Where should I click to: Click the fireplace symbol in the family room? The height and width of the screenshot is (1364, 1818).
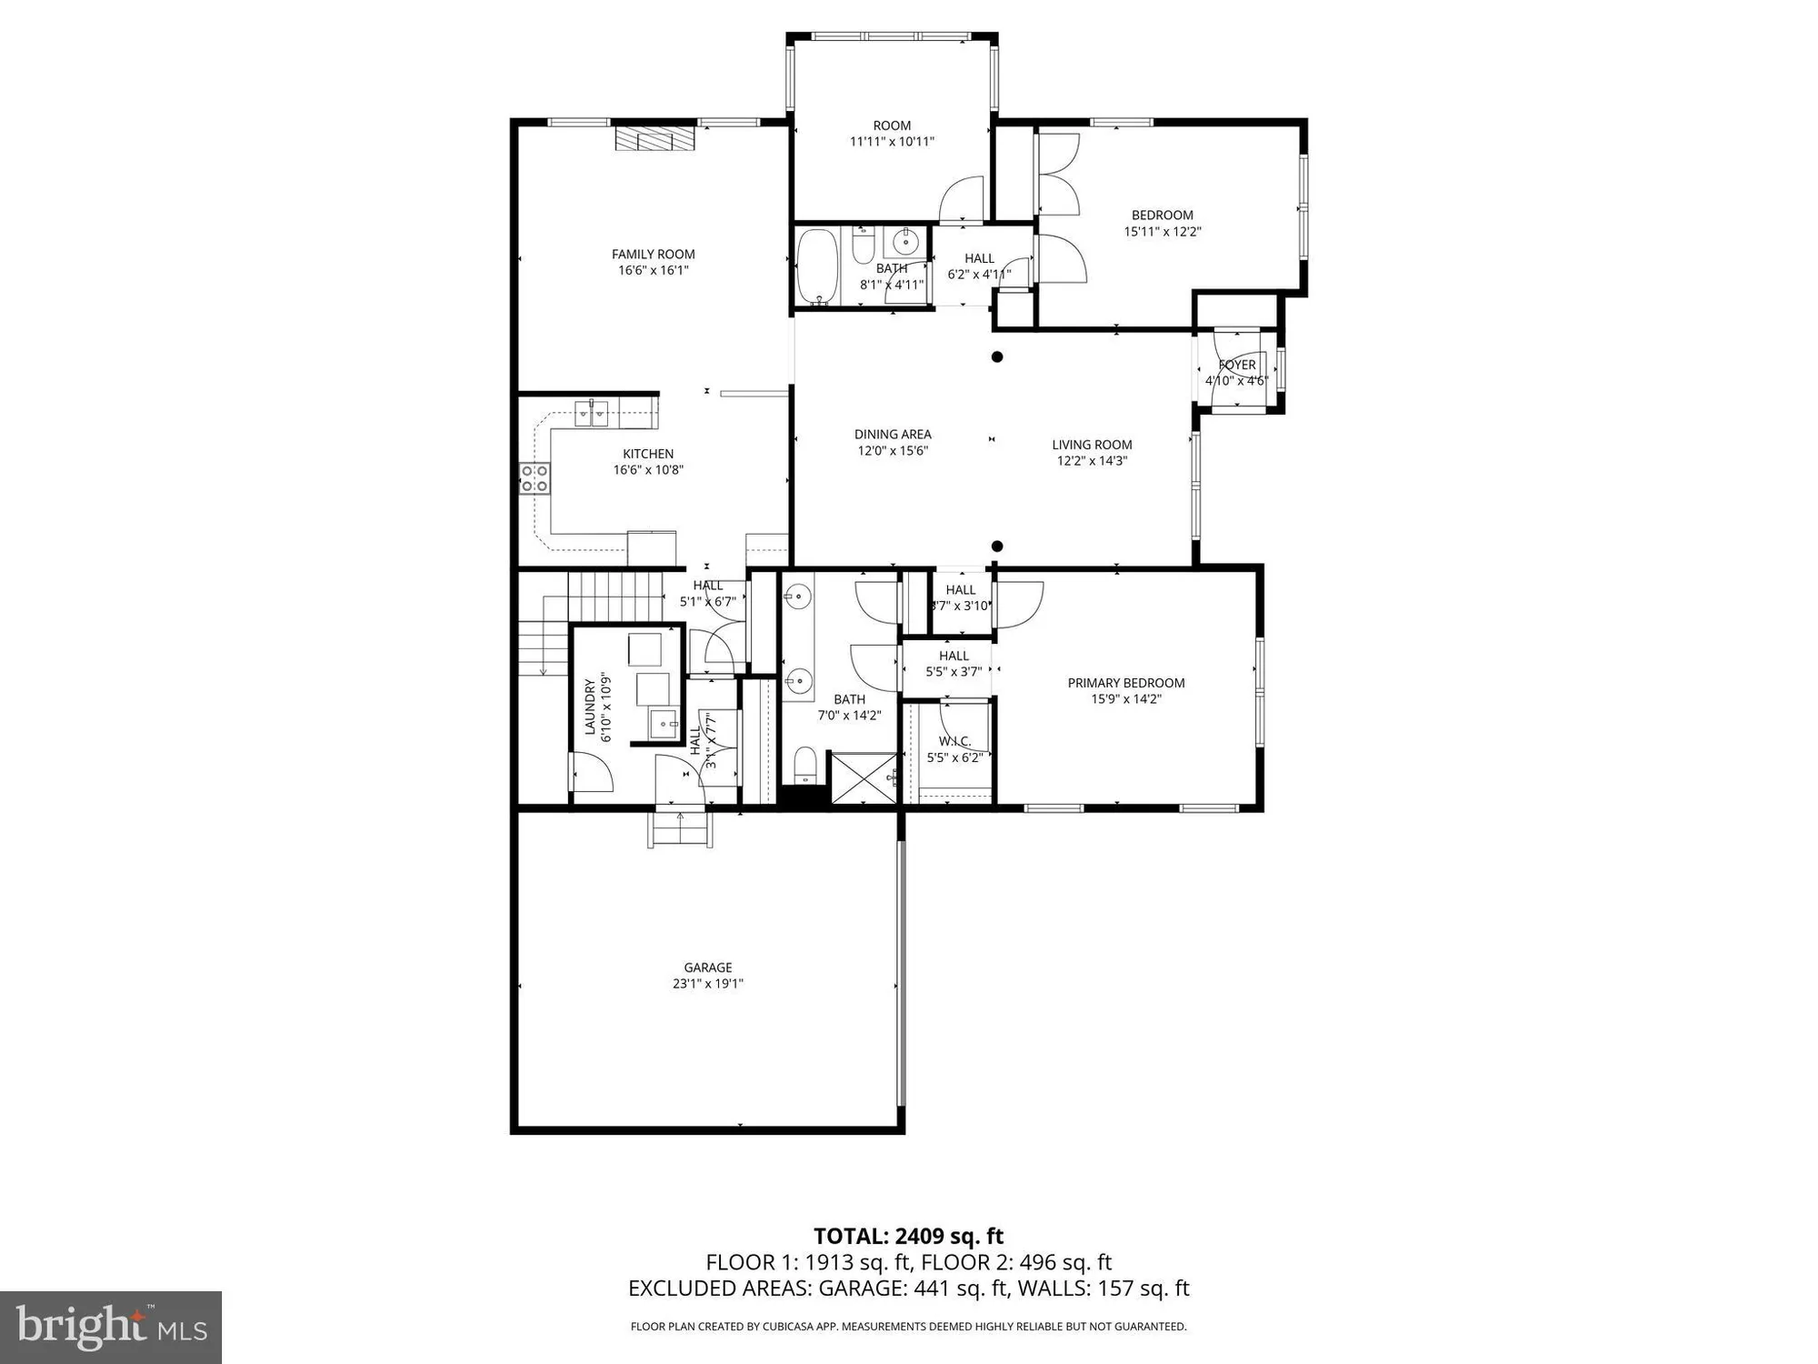(654, 138)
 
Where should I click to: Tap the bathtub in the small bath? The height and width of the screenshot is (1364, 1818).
(817, 267)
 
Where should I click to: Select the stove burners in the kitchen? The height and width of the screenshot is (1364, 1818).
(534, 478)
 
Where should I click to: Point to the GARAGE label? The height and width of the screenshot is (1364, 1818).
(708, 968)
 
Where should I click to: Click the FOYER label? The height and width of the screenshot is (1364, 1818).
(1237, 365)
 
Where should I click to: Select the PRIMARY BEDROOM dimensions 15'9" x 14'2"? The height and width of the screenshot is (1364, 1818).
(1126, 699)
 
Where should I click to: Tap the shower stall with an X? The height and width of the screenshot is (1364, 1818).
(864, 777)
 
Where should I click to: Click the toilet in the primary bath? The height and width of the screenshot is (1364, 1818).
(805, 765)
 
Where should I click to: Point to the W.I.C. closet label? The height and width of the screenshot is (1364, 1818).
(954, 741)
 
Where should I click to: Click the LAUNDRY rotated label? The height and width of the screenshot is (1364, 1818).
(590, 707)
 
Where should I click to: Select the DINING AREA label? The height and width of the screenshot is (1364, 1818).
(893, 435)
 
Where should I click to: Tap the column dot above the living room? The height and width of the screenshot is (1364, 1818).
(997, 356)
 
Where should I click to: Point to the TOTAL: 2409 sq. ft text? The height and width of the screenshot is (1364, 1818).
(908, 1236)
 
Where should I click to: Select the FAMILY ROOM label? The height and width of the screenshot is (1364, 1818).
(653, 255)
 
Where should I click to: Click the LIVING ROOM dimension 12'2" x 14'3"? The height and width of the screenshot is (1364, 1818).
(1092, 461)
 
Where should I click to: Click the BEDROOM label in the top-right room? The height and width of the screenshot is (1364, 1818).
(1162, 216)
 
